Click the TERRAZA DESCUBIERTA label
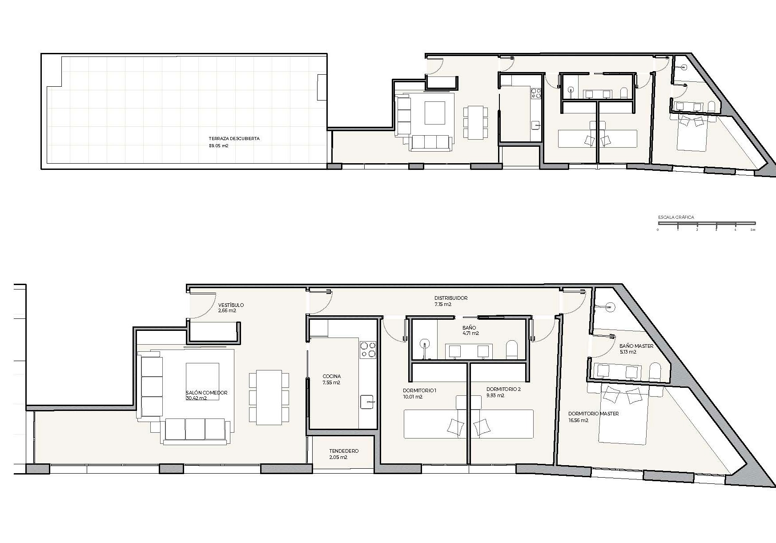tap(234, 139)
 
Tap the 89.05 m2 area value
tap(219, 145)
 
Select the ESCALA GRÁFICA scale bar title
tap(676, 217)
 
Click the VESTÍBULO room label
tap(231, 305)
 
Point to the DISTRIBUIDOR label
tap(451, 298)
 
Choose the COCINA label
tap(332, 376)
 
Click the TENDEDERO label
tap(344, 451)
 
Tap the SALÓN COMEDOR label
tap(207, 393)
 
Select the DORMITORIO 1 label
tap(419, 390)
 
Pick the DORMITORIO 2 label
tap(503, 389)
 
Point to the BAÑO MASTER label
tap(636, 346)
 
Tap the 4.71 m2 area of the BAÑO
tap(470, 333)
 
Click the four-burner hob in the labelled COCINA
tap(367, 349)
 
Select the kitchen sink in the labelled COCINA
tap(367, 402)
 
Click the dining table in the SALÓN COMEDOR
tap(269, 397)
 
